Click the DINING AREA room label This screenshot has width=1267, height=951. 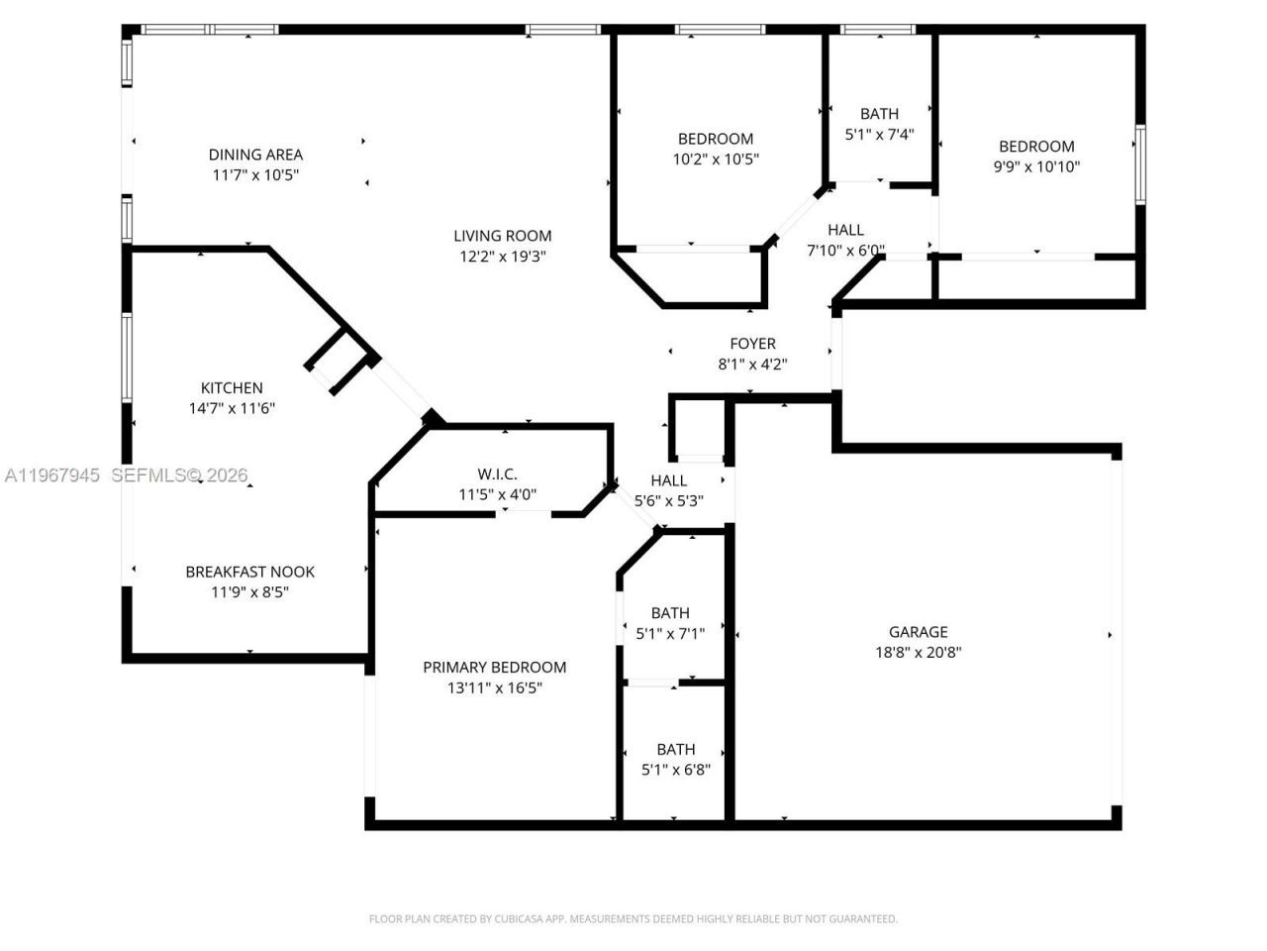255,155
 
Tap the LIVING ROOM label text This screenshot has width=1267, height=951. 502,236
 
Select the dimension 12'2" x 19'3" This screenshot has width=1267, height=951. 502,257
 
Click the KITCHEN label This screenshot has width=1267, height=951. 232,388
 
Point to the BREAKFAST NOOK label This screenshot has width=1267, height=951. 250,572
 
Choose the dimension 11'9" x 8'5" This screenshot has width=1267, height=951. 250,592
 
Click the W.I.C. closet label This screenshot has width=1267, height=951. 497,475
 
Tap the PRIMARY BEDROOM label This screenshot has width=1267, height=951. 494,668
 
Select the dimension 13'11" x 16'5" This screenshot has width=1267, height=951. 494,688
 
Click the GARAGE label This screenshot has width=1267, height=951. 918,632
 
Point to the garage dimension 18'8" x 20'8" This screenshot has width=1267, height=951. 918,653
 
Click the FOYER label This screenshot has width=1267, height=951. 752,344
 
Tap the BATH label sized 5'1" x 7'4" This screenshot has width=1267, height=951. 879,114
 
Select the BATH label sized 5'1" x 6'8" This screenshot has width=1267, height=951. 676,750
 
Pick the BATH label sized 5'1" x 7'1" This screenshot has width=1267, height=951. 670,613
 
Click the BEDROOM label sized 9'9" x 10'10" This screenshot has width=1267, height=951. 1036,147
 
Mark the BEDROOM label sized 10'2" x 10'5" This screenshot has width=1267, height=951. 716,139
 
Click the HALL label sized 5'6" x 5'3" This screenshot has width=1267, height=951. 668,480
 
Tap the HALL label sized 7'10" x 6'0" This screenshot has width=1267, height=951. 845,230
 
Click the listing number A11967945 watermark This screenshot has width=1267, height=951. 52,475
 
